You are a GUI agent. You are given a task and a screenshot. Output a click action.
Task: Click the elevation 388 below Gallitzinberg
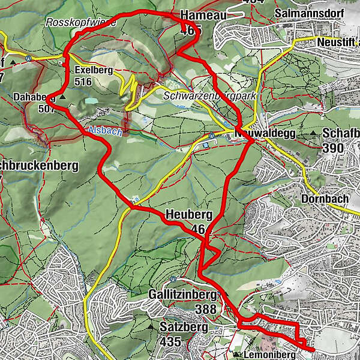[x=206, y=309]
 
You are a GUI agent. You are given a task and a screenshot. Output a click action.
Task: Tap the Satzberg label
[x=184, y=328]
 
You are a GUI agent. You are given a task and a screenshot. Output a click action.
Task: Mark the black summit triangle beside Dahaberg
[x=62, y=97]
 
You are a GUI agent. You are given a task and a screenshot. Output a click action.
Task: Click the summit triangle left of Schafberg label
[x=314, y=133]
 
